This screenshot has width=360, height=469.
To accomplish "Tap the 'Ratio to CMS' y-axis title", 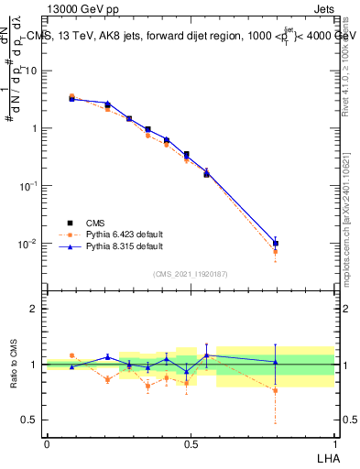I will [14, 365].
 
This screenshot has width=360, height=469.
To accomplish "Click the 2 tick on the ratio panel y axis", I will [36, 309].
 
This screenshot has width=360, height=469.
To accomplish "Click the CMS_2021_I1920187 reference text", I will [190, 274].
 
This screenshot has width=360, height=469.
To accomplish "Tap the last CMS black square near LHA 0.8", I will [276, 244].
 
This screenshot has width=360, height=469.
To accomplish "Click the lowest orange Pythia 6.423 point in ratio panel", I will [276, 390].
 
